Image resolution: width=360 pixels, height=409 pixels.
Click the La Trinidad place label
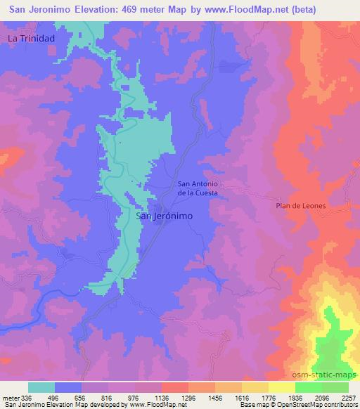[31, 39]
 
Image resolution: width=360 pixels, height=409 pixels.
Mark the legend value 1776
[269, 397]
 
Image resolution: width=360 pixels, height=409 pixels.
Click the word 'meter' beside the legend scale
[11, 397]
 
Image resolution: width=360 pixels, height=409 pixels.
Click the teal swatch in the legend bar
[41, 387]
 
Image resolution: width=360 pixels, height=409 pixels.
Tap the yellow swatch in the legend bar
[281, 387]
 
